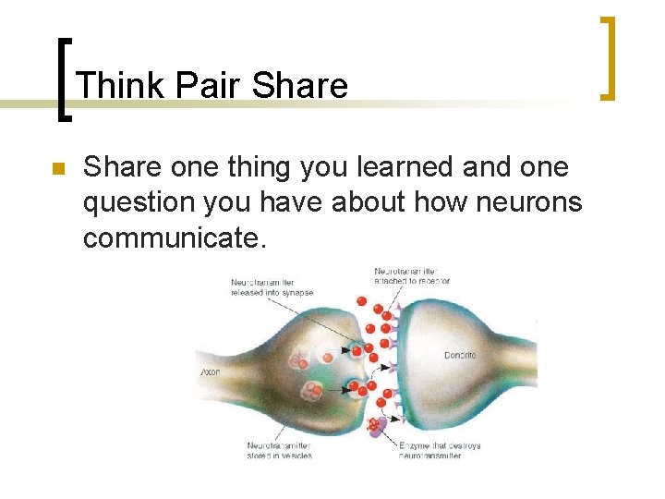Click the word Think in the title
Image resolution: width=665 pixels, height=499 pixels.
[121, 86]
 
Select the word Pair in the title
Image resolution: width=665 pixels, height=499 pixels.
[208, 86]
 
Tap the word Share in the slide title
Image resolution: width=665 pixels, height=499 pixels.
[299, 86]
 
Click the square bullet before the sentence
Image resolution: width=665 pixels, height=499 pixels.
[56, 170]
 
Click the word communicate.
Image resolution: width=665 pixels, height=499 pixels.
[175, 237]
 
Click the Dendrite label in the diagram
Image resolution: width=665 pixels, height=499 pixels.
[460, 356]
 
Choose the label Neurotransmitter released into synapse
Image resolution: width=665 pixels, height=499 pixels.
[272, 287]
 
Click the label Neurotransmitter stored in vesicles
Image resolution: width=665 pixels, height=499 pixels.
[279, 451]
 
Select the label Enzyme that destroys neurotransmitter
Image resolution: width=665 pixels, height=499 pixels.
[440, 451]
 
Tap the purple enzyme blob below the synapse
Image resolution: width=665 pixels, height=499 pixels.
[377, 426]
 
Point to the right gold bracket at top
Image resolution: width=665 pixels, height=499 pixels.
[609, 57]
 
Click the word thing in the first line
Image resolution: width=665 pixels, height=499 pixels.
[247, 167]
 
